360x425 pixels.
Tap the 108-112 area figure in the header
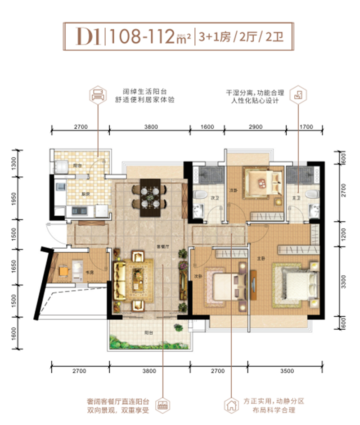(140, 36)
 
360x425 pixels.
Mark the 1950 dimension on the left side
(14, 198)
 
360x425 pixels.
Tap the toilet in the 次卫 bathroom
(200, 194)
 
